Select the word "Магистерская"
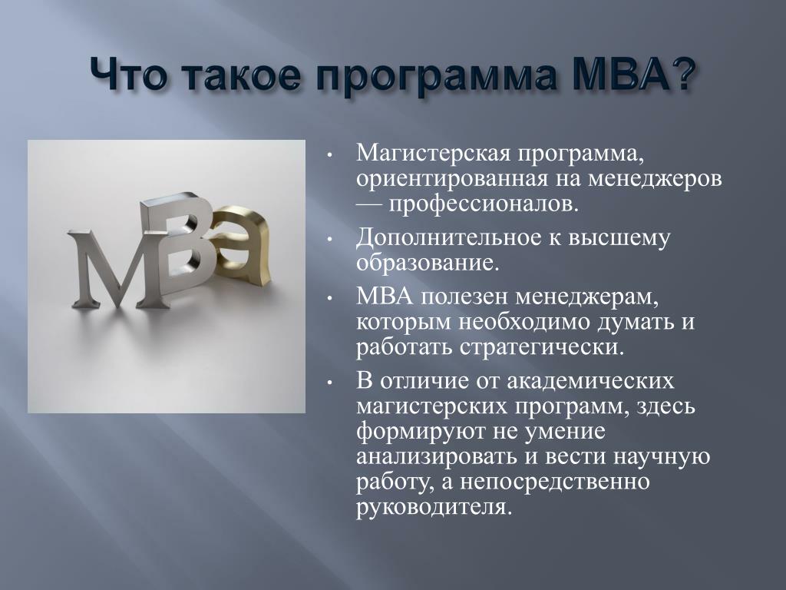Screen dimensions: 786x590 pos(431,153)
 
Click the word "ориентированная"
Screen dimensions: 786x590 pos(452,179)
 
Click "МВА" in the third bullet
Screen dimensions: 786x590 pos(385,297)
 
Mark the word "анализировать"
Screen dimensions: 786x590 pos(436,457)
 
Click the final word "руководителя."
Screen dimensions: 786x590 pos(434,507)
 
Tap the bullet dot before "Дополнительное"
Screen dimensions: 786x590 pos(329,240)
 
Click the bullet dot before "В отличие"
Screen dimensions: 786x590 pos(329,383)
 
